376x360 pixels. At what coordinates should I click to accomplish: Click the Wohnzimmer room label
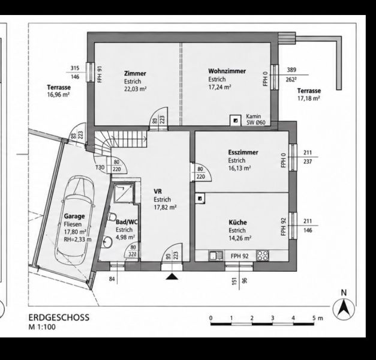[x=227, y=71]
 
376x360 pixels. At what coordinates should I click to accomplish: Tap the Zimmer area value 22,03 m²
[x=136, y=89]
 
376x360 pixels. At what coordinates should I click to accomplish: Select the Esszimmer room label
[x=243, y=152]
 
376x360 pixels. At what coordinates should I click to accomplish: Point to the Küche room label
[x=237, y=222]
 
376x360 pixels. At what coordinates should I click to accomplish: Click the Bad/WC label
[x=127, y=222]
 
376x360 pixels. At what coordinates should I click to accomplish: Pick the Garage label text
[x=74, y=216]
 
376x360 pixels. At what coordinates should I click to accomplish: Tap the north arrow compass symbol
[x=344, y=308]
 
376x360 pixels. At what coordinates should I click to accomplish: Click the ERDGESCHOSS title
[x=59, y=317]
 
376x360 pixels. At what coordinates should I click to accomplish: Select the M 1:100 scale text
[x=42, y=327]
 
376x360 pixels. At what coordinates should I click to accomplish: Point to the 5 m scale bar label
[x=318, y=318]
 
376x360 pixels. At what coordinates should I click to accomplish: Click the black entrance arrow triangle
[x=172, y=277]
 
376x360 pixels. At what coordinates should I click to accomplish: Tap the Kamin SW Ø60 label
[x=256, y=119]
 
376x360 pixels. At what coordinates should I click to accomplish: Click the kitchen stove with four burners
[x=263, y=256]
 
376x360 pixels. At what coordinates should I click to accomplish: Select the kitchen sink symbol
[x=216, y=256]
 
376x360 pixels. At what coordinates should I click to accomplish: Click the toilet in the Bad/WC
[x=112, y=217]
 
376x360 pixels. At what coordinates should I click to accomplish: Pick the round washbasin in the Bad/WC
[x=107, y=242]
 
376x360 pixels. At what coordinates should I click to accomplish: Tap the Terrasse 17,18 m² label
[x=309, y=94]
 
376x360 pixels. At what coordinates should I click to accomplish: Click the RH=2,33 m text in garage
[x=78, y=239]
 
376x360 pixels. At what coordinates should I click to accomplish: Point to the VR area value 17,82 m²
[x=166, y=207]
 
